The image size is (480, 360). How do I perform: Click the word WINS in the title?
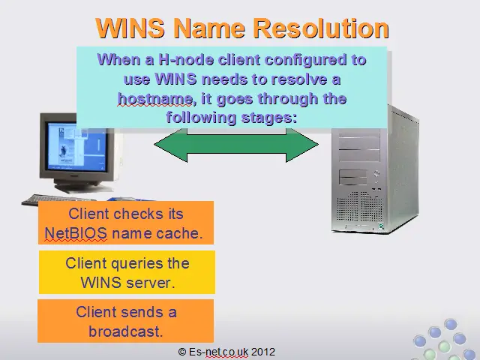point(130,28)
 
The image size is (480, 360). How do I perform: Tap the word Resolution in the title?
point(322,28)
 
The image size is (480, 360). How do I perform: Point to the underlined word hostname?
point(155,99)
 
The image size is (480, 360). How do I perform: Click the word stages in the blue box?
point(269,118)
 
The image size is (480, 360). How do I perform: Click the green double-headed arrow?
point(236,145)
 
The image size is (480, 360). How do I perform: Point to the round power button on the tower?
point(376,173)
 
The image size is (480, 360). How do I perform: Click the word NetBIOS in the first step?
point(76,233)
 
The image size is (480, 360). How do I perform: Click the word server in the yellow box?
point(151,283)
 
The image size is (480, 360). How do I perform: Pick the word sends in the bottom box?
point(142,313)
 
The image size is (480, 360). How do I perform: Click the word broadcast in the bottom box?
point(126,331)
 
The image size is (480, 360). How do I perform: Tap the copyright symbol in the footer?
point(182,352)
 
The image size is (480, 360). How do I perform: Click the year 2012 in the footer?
point(263,352)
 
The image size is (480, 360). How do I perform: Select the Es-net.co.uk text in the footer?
point(218,352)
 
